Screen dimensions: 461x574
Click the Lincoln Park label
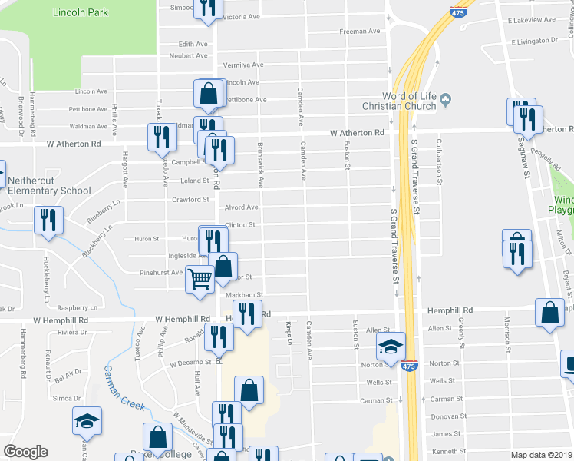(80, 12)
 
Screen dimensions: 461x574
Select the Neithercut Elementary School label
(49, 186)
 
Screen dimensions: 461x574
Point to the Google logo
(25, 452)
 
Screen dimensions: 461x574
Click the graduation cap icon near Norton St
(391, 347)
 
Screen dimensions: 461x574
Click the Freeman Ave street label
(361, 32)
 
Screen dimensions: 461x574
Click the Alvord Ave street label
(241, 207)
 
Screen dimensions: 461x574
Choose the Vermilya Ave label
(243, 65)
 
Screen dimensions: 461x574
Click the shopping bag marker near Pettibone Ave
(209, 95)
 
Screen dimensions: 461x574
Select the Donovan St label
(445, 416)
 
